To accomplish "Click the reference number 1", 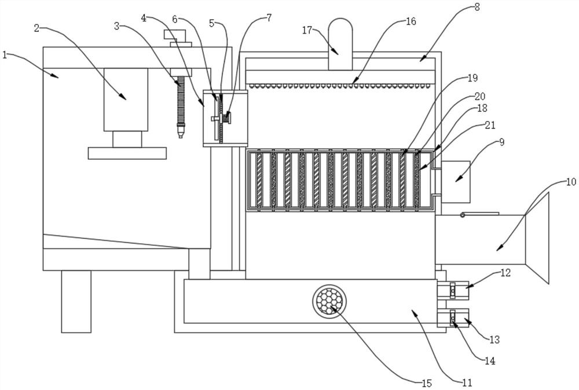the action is tap(5, 56).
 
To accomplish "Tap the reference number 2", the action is tap(36, 28).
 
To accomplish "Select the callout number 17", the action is tap(307, 30).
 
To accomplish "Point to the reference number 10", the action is tap(570, 182).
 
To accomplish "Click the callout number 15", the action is tap(427, 384).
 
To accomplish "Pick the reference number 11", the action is tap(467, 382).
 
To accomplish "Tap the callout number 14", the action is tap(490, 360).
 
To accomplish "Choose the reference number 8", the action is tap(477, 8).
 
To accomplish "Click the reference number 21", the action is tap(490, 125).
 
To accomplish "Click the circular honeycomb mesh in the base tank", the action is tap(330, 300).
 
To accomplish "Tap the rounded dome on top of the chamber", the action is tap(340, 44).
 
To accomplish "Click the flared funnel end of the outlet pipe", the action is tap(537, 238).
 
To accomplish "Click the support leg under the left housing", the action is tap(76, 301).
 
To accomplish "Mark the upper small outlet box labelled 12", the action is tap(453, 290).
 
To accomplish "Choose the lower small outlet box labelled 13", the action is tap(453, 318).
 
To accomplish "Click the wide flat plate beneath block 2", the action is tap(127, 153).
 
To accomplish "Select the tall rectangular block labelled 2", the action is tap(126, 100).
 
